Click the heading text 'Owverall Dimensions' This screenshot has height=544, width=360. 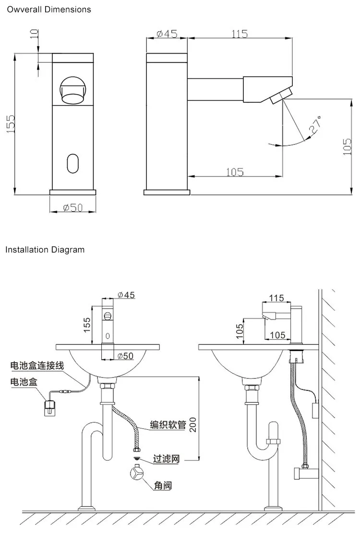point(48,9)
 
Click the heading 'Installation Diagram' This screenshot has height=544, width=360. point(45,249)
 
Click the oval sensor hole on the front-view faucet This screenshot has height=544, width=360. point(72,163)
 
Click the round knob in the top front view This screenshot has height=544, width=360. point(72,90)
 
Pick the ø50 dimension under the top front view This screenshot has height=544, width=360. point(72,207)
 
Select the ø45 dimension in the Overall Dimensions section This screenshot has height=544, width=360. point(167,34)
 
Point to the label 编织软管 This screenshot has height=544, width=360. point(168,424)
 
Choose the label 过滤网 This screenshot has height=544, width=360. point(166,459)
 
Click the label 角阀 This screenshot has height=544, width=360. point(163,485)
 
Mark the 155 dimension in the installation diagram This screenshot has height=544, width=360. point(87,325)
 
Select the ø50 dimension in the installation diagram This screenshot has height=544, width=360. point(126,355)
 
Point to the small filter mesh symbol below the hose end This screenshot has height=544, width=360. point(137,459)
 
